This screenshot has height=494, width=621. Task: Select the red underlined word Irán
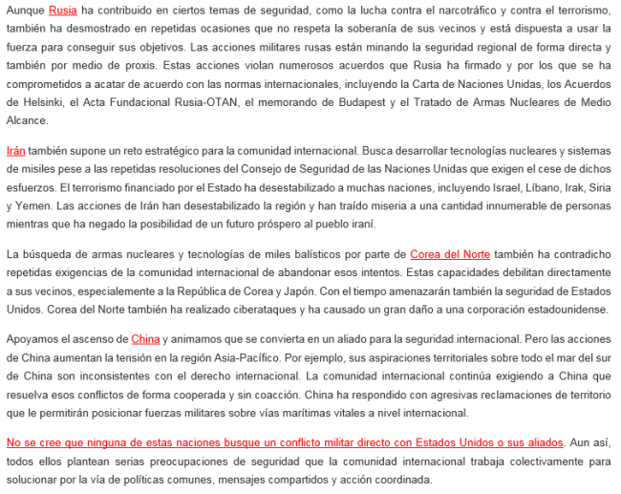(x=15, y=151)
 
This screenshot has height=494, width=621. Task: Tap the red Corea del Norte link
(x=450, y=254)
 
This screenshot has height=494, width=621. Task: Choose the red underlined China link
(x=145, y=339)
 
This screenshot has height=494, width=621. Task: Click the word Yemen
(x=31, y=205)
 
